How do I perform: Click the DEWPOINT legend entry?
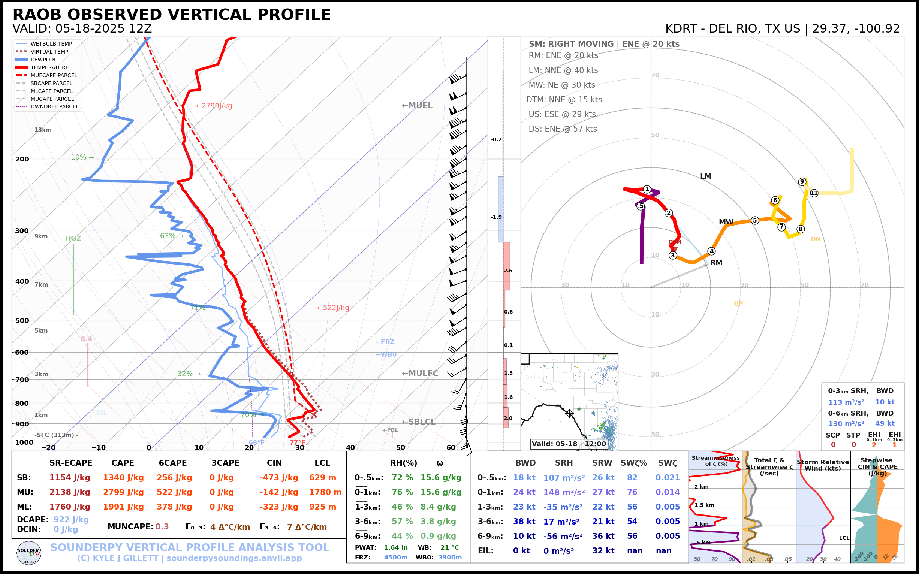tap(45, 60)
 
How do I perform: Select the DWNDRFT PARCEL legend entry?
tap(55, 107)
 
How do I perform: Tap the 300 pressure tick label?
tap(22, 231)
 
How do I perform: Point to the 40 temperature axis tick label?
tap(350, 448)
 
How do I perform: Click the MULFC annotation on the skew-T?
tap(420, 374)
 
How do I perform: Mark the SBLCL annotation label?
tap(419, 422)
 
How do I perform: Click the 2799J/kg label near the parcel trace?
tap(214, 106)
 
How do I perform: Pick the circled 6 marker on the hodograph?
tap(775, 200)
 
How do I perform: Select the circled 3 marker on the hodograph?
tap(673, 255)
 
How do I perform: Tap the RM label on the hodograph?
tap(716, 263)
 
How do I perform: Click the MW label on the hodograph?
tap(726, 222)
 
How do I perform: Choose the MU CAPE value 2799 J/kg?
tap(123, 492)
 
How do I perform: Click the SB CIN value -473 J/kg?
tap(279, 478)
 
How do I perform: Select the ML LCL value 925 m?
tap(322, 507)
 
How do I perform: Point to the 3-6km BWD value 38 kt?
tap(524, 522)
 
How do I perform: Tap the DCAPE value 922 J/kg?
tap(71, 520)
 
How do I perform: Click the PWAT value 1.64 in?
tap(395, 547)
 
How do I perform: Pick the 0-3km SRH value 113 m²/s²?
tap(846, 402)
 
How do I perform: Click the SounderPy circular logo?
tap(29, 553)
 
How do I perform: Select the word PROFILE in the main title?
tap(294, 15)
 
